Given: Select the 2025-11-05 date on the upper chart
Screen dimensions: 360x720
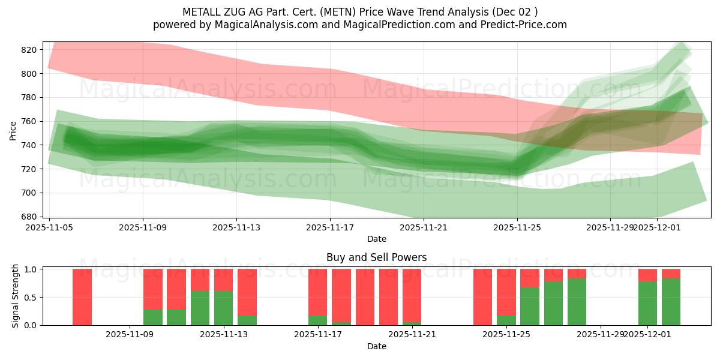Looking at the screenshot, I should coord(49,227).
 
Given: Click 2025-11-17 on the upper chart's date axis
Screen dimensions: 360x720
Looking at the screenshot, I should coord(330,227).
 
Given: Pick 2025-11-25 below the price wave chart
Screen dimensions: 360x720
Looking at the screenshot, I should coord(517,227).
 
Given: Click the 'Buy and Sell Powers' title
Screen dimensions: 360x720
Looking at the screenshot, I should coord(376,257).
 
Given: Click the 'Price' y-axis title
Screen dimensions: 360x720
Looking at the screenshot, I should coord(13,130).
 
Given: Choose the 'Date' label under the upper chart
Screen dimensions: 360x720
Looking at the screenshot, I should coord(376,239).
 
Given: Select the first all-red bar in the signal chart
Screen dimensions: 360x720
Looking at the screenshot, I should coord(82,297).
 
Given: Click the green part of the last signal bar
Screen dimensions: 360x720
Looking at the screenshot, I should coord(671,302).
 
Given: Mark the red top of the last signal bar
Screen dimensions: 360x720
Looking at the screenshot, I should coord(671,274).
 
